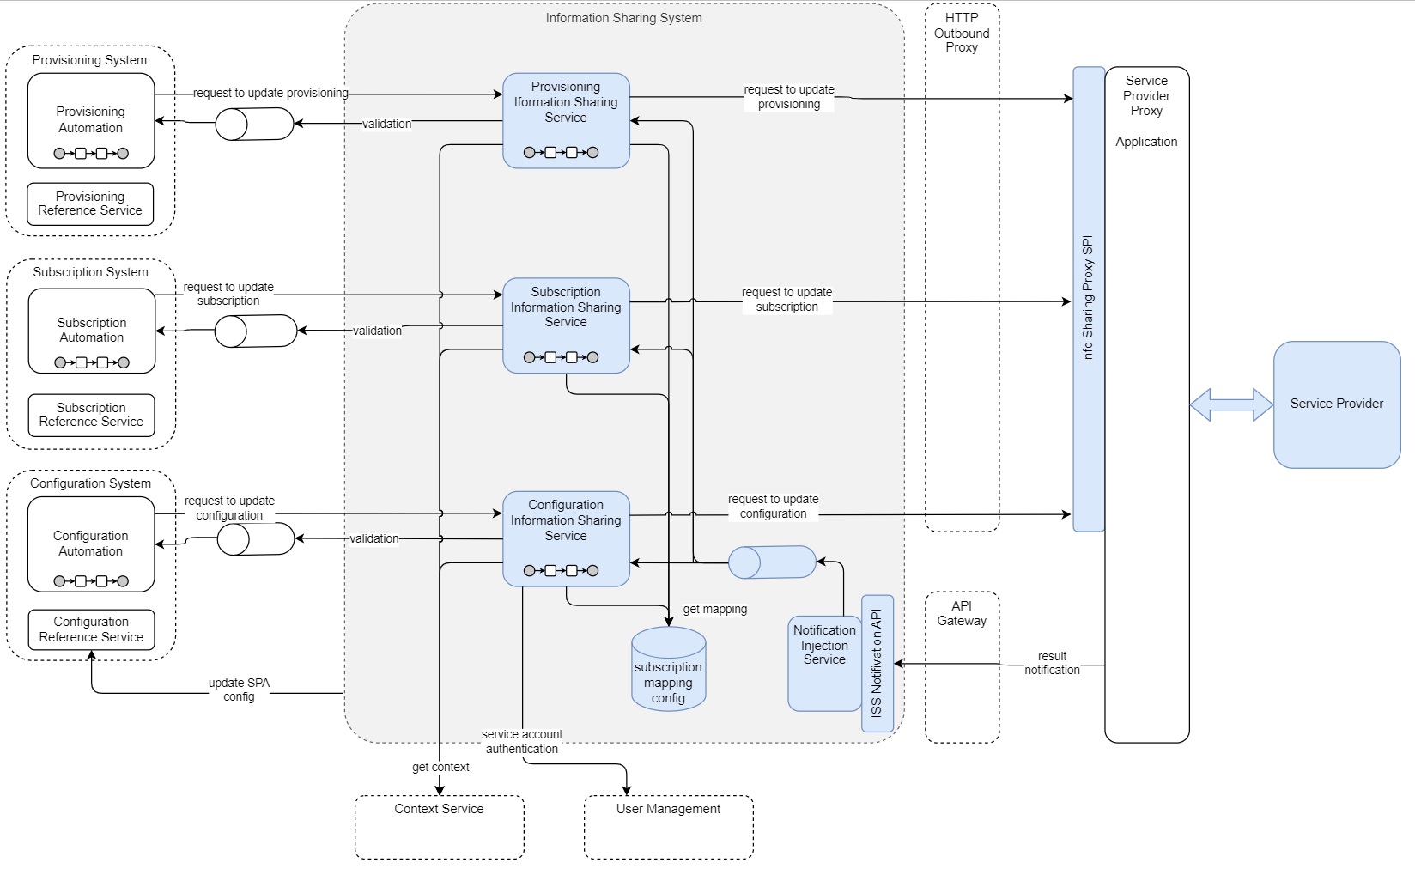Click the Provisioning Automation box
point(91,120)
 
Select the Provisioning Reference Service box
point(90,204)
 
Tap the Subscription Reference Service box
point(91,415)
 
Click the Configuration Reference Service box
point(91,629)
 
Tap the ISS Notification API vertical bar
point(877,663)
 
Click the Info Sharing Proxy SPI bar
point(1088,299)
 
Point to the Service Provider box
point(1336,404)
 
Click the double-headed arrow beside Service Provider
point(1231,404)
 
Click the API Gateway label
point(962,613)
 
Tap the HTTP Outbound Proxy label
point(962,33)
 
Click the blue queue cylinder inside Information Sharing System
point(771,562)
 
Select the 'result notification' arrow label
point(1052,663)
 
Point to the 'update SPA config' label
point(239,690)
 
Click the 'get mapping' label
point(714,609)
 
